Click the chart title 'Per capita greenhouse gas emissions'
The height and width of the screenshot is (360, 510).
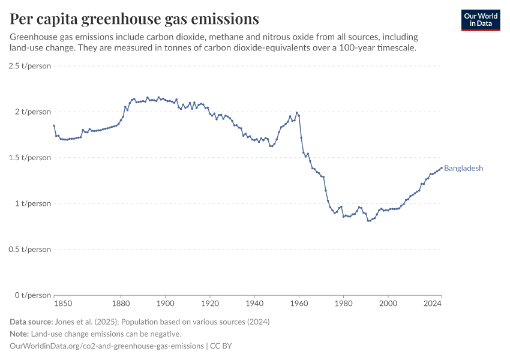(134, 19)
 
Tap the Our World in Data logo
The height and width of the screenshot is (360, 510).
(481, 20)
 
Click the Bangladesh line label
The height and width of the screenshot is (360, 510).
(463, 169)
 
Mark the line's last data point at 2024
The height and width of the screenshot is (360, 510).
(442, 168)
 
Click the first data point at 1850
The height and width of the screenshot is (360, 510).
(54, 125)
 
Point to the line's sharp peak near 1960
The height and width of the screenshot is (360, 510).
(296, 112)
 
